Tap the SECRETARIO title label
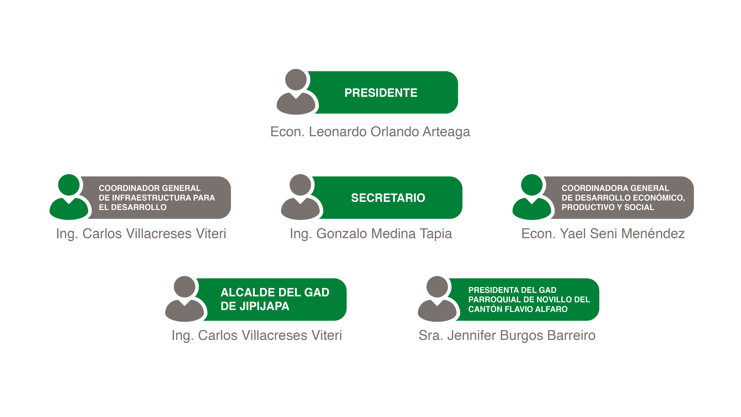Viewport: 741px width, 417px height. point(388,198)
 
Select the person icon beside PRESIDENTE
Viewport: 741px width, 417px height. point(296,92)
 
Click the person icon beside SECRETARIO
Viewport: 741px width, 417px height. point(300,197)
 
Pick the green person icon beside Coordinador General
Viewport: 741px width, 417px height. point(69,197)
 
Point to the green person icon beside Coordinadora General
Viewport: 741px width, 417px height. point(532,197)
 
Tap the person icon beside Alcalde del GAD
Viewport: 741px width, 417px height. point(185,299)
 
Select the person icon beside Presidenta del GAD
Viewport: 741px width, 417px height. point(437,299)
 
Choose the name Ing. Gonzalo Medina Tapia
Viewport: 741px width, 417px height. point(371,234)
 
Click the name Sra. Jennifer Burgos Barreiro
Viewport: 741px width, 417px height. point(507,336)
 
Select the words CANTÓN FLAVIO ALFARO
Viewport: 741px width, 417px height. point(518,309)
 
